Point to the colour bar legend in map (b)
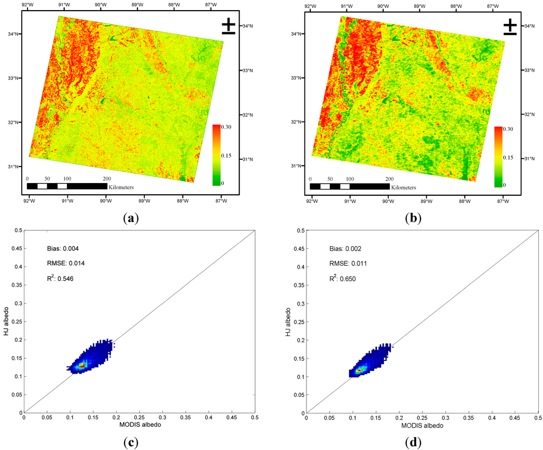click(x=498, y=157)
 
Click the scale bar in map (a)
click(x=67, y=186)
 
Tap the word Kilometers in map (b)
click(x=404, y=187)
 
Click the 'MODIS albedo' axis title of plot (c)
click(x=139, y=426)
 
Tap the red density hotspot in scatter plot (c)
click(x=81, y=365)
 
